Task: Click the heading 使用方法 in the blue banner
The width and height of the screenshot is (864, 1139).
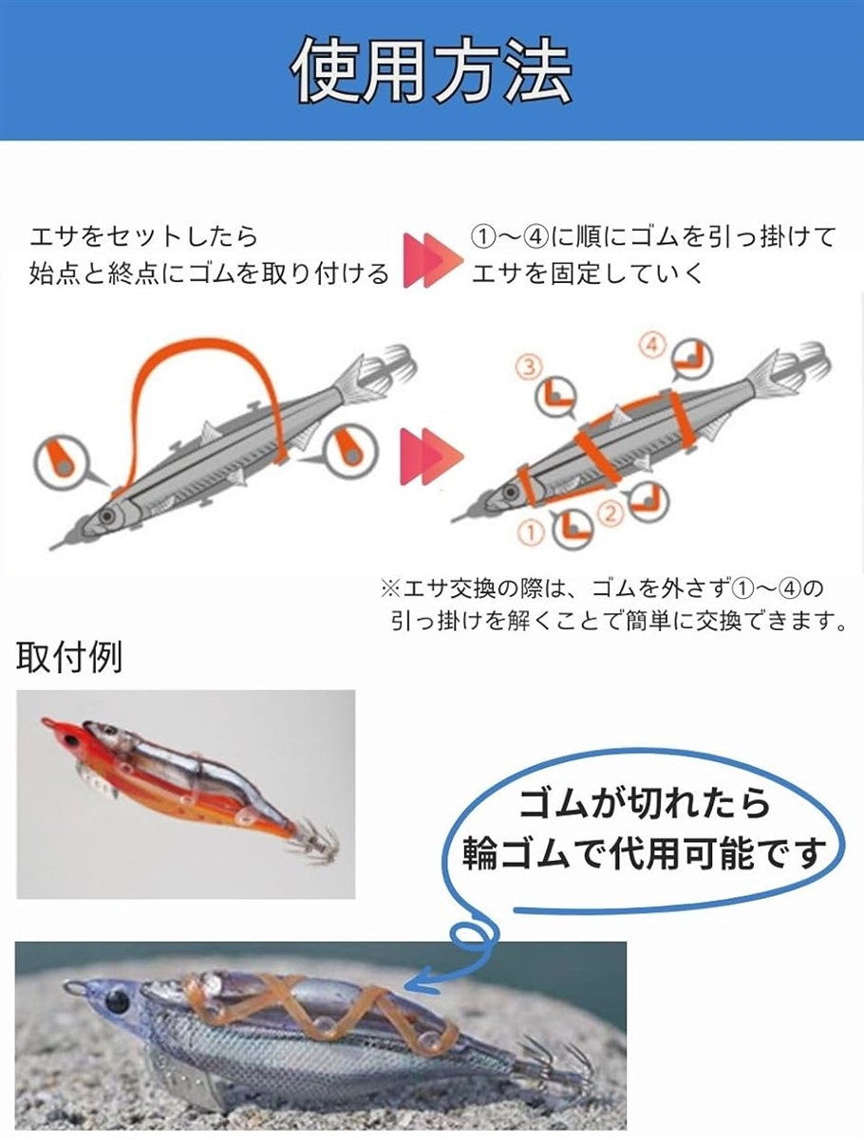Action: point(432,71)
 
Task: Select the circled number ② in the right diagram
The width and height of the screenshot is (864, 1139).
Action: point(610,513)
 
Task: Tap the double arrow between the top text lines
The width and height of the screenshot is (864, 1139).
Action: point(430,259)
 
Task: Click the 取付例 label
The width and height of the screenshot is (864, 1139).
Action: point(69,658)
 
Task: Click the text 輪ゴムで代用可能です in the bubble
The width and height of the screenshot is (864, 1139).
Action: point(644,855)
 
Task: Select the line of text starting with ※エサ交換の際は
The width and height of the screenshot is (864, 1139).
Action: point(603,589)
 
